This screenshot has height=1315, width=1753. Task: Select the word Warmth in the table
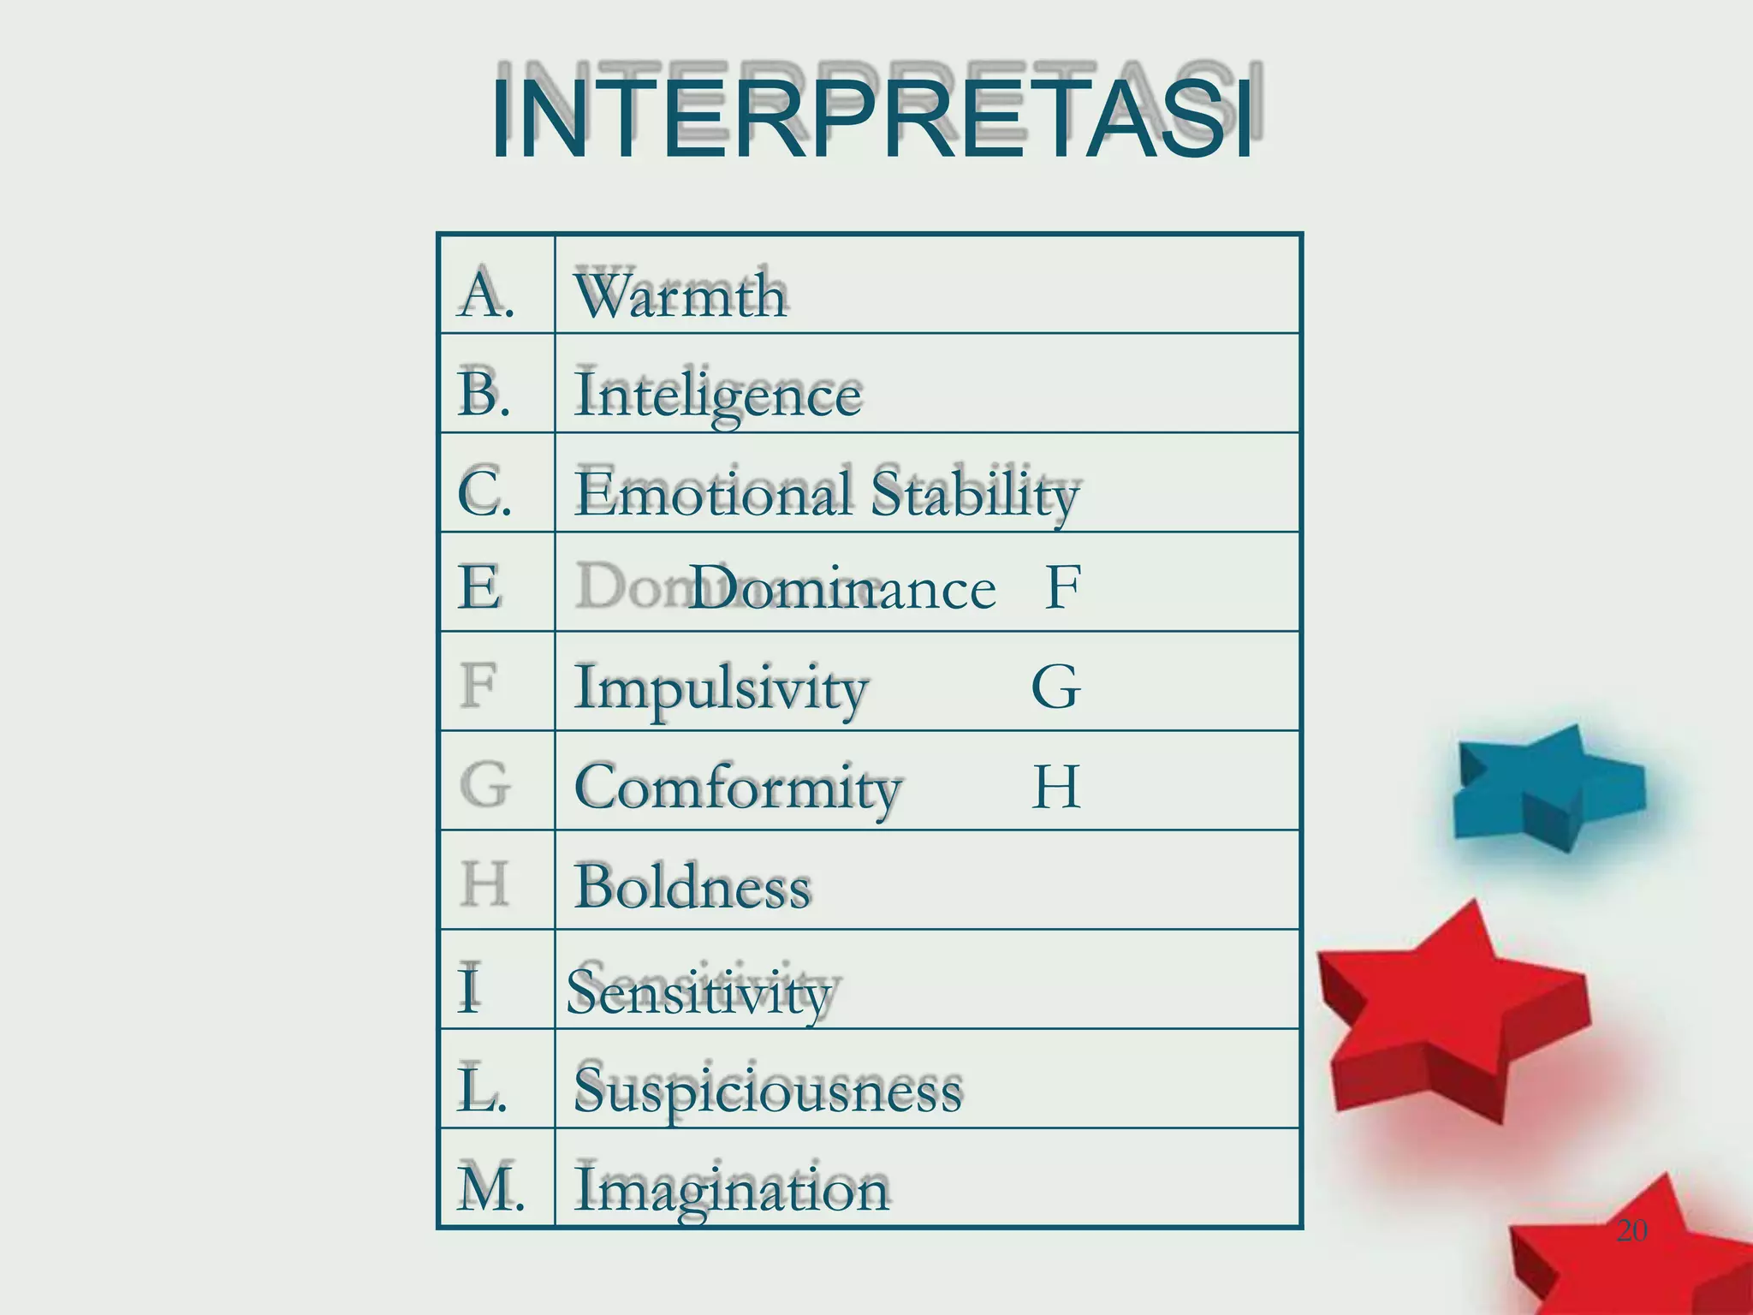pos(680,295)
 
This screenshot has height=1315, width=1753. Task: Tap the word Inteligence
pos(718,396)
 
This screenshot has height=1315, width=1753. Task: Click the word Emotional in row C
pos(714,494)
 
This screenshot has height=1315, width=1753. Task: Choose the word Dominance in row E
pos(842,589)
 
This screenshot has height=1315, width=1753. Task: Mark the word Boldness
pos(692,887)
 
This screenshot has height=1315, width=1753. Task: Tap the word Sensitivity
pos(698,993)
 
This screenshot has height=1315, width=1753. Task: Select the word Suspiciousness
pos(768,1092)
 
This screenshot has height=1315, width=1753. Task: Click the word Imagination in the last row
pos(732,1190)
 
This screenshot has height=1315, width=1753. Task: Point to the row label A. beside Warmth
pos(485,294)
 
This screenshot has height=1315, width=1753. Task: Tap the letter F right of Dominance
pos(1063,587)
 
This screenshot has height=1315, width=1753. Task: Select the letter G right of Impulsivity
pos(1056,687)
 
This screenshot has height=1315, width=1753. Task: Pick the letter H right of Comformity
pos(1056,787)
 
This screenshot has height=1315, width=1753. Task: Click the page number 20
pos(1631,1230)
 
